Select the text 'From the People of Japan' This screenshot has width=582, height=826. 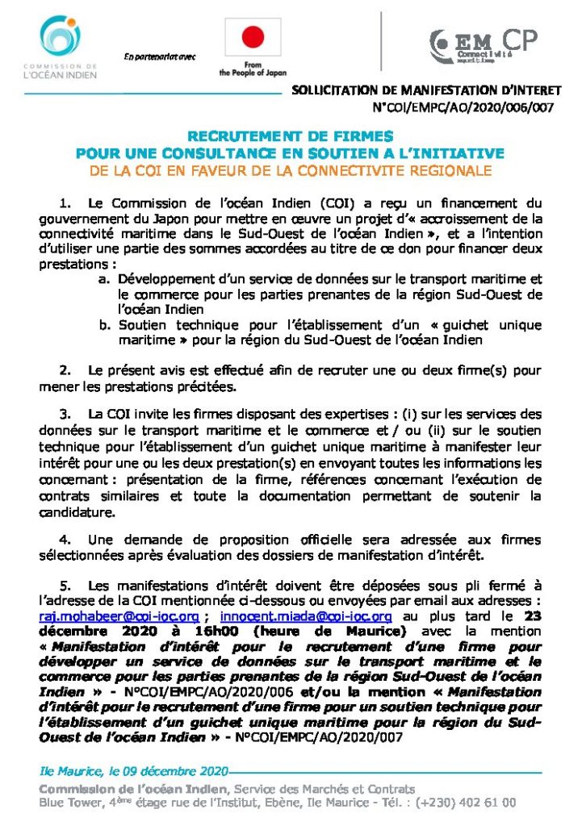253,69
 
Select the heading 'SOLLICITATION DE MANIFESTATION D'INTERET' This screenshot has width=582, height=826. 423,93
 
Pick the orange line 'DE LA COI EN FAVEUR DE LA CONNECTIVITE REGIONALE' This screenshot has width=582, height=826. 289,170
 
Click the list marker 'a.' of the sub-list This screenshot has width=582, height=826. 105,279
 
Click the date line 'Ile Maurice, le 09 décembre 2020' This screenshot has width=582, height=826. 133,770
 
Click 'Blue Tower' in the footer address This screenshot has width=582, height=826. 68,803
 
